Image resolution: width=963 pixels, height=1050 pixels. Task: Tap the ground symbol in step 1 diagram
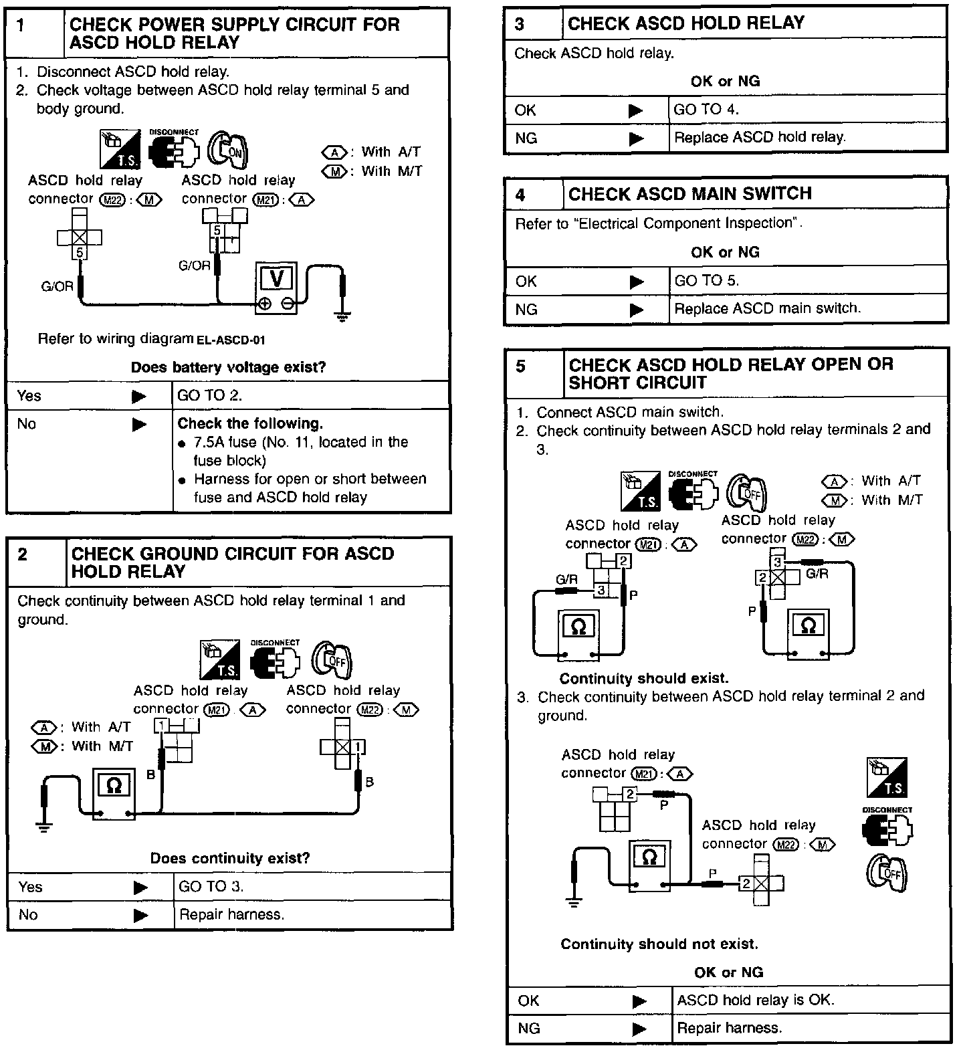342,316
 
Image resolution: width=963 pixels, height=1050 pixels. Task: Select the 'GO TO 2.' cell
310,395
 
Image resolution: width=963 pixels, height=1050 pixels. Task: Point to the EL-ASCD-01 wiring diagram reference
231,340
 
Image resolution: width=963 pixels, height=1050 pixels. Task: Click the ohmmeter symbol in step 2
113,786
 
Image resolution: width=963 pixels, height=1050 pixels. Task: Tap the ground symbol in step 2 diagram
44,827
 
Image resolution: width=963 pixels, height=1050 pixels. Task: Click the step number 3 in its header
520,24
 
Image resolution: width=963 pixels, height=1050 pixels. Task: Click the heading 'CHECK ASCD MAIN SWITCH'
689,194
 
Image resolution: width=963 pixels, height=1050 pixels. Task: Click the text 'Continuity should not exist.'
659,944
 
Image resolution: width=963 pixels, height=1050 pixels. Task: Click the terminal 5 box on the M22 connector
80,252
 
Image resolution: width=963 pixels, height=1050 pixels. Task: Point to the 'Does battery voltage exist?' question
228,367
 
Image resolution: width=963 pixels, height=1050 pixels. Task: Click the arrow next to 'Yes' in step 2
140,887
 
